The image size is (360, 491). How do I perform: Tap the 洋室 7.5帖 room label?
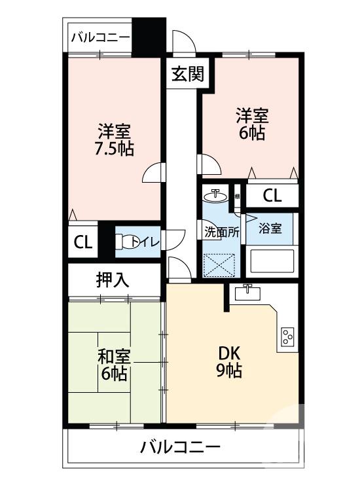tap(114, 139)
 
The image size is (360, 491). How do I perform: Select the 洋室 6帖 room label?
tap(251, 125)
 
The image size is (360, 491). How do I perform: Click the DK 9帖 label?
tap(230, 360)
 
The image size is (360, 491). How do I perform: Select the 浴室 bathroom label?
tap(270, 228)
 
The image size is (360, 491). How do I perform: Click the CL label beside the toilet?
tap(82, 243)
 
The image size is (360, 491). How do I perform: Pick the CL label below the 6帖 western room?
tap(273, 195)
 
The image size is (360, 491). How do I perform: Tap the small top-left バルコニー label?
tap(101, 38)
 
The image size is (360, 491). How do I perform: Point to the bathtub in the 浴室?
tap(273, 262)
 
